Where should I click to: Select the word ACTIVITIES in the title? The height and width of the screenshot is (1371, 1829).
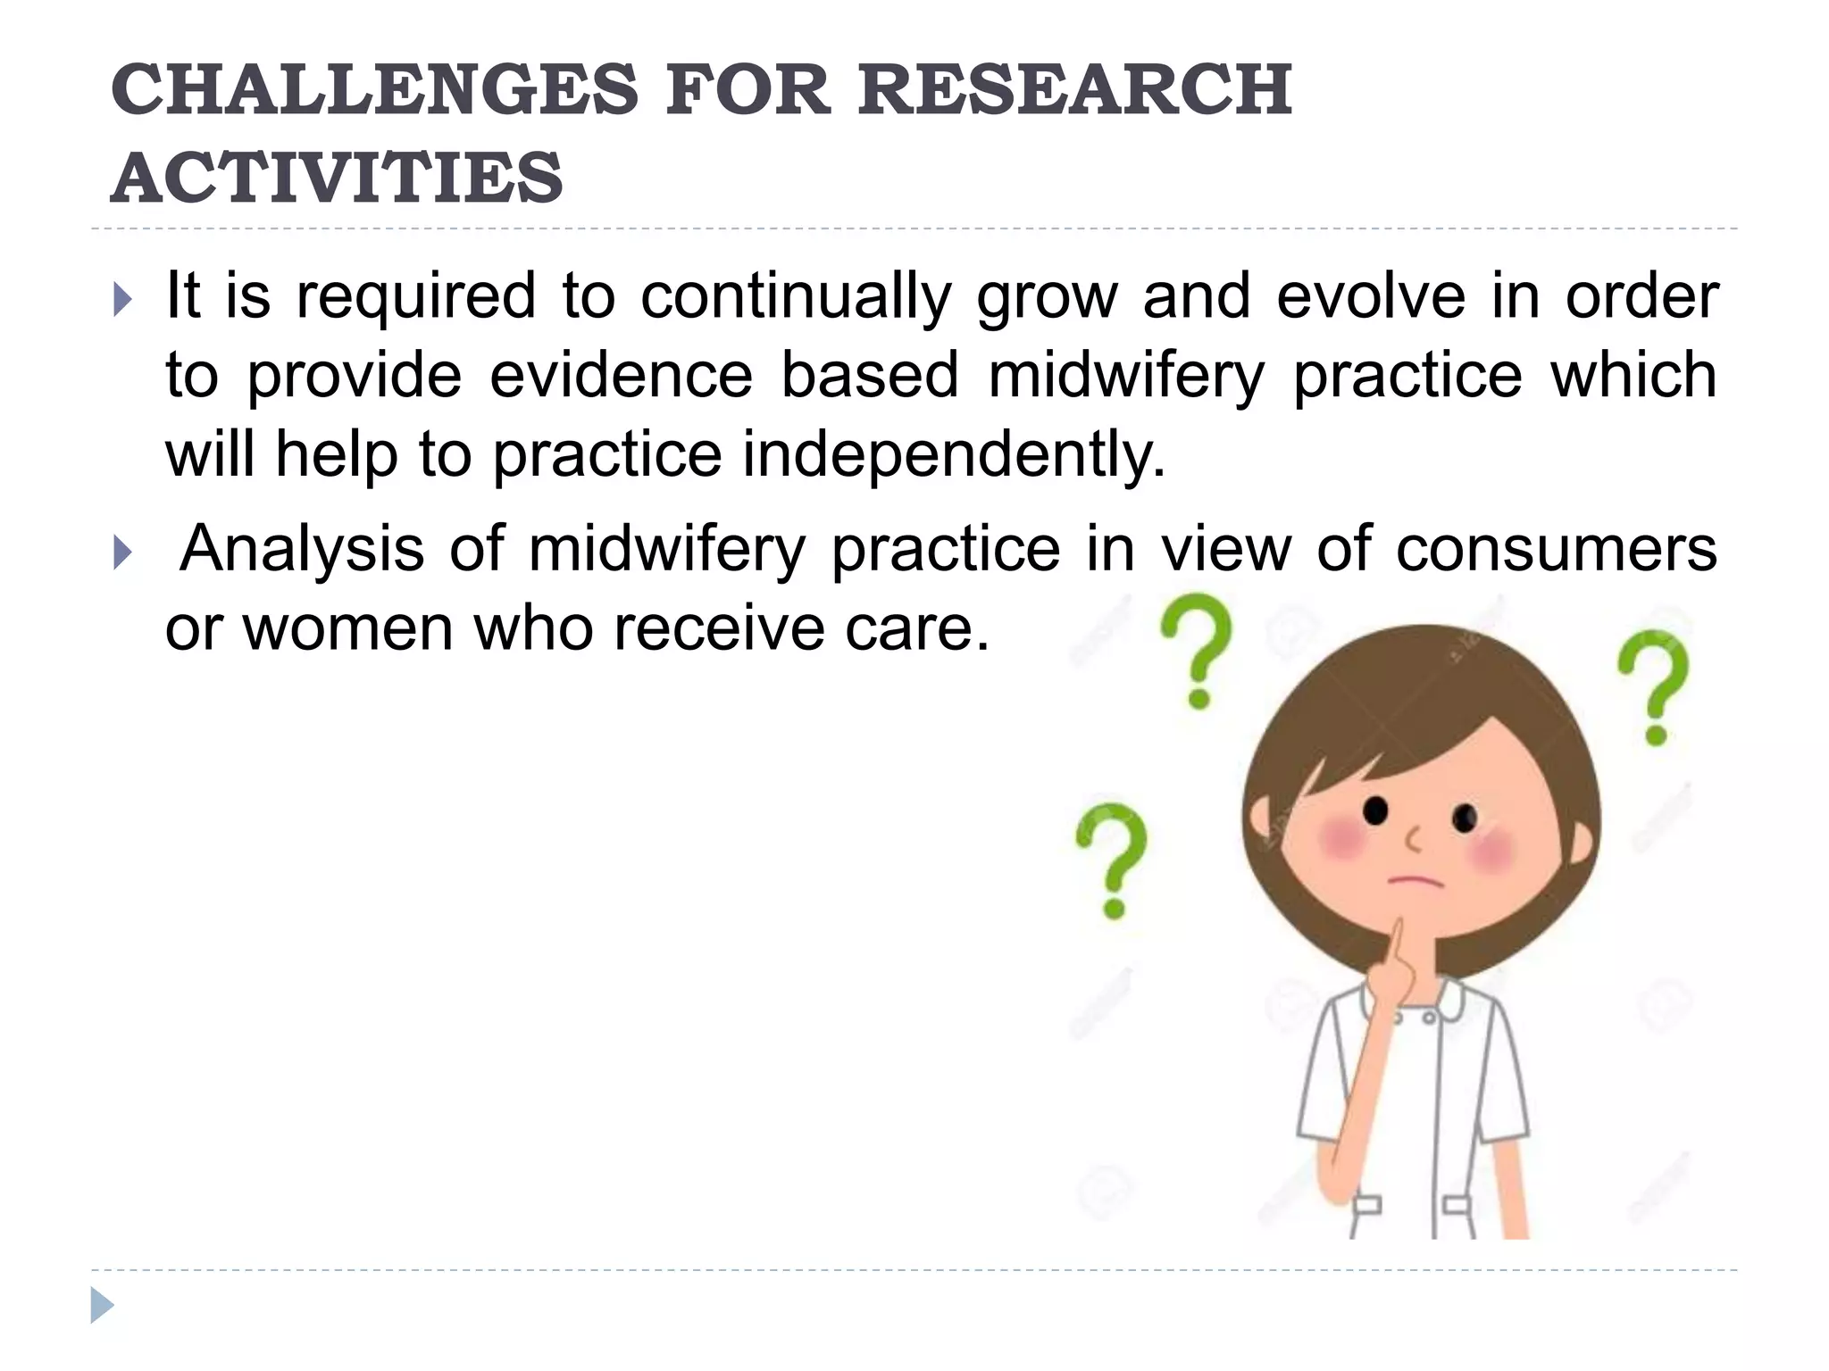pos(337,177)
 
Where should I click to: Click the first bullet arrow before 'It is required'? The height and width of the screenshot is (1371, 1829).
pos(123,300)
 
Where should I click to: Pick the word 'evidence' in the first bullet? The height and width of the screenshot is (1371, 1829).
pos(622,375)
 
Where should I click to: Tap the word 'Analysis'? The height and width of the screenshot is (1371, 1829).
pos(302,548)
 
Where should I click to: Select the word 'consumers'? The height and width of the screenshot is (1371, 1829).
pos(1556,548)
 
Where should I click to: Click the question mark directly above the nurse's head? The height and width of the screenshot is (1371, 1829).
pos(1197,652)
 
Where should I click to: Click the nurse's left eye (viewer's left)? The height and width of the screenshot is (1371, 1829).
pos(1375,811)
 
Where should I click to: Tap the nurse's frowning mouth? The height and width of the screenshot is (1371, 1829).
pos(1415,881)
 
